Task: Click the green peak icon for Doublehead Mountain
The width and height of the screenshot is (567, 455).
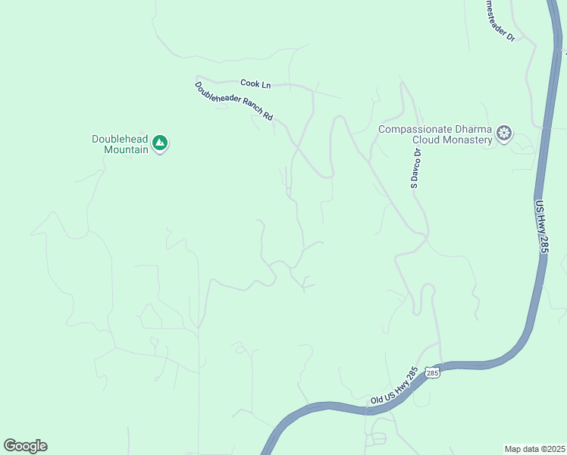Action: pyautogui.click(x=159, y=142)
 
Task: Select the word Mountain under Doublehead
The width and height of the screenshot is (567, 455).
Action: pyautogui.click(x=126, y=149)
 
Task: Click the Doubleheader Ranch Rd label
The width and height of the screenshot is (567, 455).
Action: pyautogui.click(x=233, y=102)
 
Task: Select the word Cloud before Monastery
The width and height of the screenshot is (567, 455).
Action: pyautogui.click(x=428, y=140)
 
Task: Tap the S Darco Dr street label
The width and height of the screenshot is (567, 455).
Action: pyautogui.click(x=416, y=167)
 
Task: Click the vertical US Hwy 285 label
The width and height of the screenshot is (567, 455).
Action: pyautogui.click(x=542, y=227)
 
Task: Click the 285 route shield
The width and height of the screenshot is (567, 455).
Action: pyautogui.click(x=432, y=372)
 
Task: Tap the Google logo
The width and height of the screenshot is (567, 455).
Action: pyautogui.click(x=25, y=445)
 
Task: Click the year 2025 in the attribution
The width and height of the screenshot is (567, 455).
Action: pyautogui.click(x=556, y=449)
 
